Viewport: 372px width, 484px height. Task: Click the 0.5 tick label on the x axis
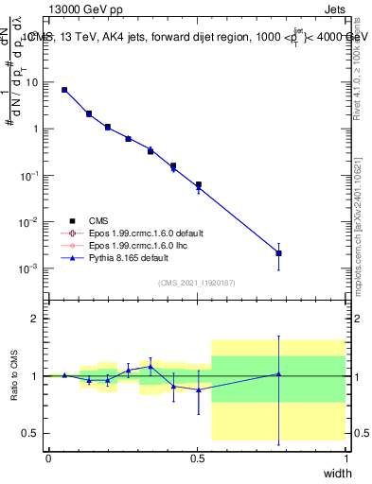[197, 458]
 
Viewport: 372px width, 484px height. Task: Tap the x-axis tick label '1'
[346, 458]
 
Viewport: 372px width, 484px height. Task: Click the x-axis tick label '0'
[48, 458]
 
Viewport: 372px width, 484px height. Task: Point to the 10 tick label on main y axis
[32, 82]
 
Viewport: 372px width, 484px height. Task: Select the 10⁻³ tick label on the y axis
[30, 268]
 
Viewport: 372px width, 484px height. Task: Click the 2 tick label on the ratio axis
[37, 319]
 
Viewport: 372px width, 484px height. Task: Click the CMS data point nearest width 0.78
[278, 253]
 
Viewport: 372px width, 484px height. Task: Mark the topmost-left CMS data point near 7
[64, 90]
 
